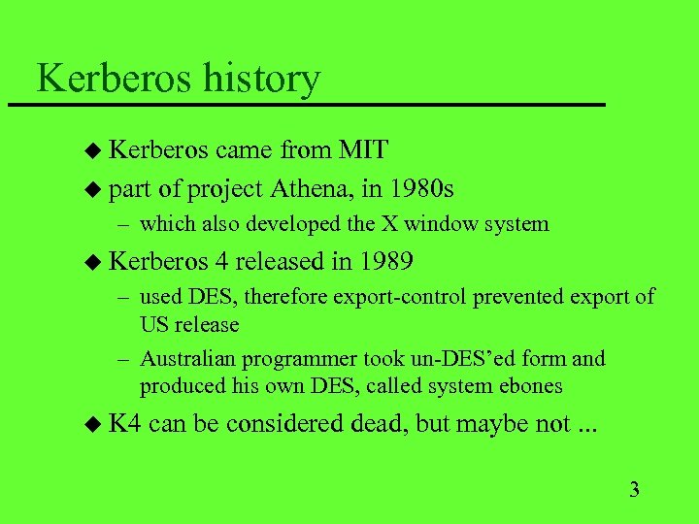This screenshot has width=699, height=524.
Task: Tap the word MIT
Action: tap(363, 149)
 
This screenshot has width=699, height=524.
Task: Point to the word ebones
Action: tap(529, 385)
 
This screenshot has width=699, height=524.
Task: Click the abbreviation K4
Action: tap(125, 424)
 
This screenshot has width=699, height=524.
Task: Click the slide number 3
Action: tap(635, 488)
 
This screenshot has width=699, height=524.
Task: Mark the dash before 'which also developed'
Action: tap(121, 225)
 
